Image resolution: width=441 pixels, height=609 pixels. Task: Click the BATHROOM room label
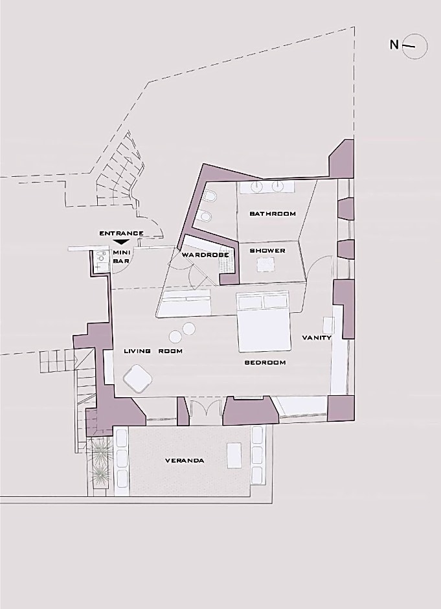(x=273, y=214)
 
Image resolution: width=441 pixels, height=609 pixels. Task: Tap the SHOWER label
(x=267, y=251)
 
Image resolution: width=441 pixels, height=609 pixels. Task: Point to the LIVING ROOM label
(x=153, y=351)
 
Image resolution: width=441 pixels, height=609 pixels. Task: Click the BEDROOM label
(x=265, y=362)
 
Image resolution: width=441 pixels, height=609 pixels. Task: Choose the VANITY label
(x=317, y=338)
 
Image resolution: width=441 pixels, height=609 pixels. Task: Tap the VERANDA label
(x=185, y=461)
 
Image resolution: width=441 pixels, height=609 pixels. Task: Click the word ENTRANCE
(x=122, y=233)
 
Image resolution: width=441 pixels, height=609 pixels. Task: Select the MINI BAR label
(x=120, y=257)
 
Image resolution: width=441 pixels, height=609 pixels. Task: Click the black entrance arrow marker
(x=122, y=242)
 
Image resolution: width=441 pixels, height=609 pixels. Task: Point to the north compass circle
(x=414, y=46)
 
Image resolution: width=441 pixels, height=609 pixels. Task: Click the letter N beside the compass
(x=394, y=45)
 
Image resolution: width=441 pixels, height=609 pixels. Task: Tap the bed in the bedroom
(x=264, y=323)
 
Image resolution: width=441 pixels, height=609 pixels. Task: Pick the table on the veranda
(x=234, y=455)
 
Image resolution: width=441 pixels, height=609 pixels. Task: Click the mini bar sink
(x=101, y=257)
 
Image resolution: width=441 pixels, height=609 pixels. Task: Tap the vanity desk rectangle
(x=328, y=325)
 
